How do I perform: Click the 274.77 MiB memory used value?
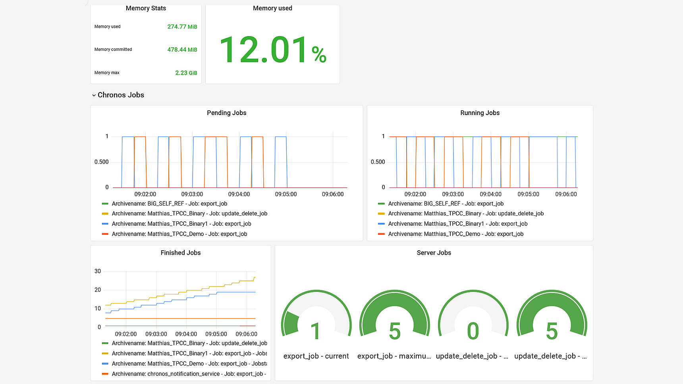182,27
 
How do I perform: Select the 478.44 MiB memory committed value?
182,50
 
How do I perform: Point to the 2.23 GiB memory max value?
186,73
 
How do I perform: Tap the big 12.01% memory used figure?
272,50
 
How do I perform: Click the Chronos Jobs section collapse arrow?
94,95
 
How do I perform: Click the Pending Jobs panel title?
226,113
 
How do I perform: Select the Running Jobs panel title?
480,113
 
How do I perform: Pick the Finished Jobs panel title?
180,253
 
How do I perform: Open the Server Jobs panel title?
434,253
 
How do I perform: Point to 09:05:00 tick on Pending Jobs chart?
286,194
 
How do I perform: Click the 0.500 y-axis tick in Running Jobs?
378,162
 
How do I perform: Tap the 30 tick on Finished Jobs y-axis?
98,271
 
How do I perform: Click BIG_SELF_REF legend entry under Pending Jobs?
169,204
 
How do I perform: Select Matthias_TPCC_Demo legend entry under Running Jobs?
455,234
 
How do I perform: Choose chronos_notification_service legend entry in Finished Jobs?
189,374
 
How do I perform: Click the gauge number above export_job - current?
316,331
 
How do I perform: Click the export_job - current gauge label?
316,356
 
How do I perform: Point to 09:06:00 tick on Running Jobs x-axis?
566,194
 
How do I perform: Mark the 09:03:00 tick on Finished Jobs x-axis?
156,334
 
